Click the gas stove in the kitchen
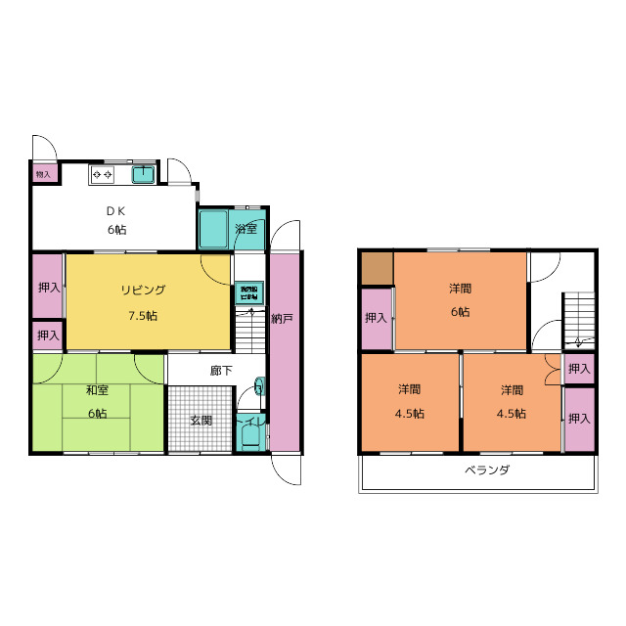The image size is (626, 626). pyautogui.click(x=103, y=175)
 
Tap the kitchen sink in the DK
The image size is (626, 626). pyautogui.click(x=145, y=175)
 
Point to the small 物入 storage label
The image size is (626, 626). pyautogui.click(x=42, y=174)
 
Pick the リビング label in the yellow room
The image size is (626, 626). pyautogui.click(x=143, y=291)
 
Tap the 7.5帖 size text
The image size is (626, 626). pyautogui.click(x=143, y=315)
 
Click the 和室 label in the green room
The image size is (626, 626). pyautogui.click(x=96, y=390)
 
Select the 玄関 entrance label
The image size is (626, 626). pyautogui.click(x=201, y=421)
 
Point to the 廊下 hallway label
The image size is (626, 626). pyautogui.click(x=221, y=371)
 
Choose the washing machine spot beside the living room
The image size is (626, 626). pyautogui.click(x=248, y=292)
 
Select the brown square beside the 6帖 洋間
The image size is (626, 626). pyautogui.click(x=377, y=268)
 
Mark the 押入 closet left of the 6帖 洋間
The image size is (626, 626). pyautogui.click(x=376, y=318)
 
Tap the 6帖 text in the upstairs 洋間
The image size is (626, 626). pyautogui.click(x=460, y=313)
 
